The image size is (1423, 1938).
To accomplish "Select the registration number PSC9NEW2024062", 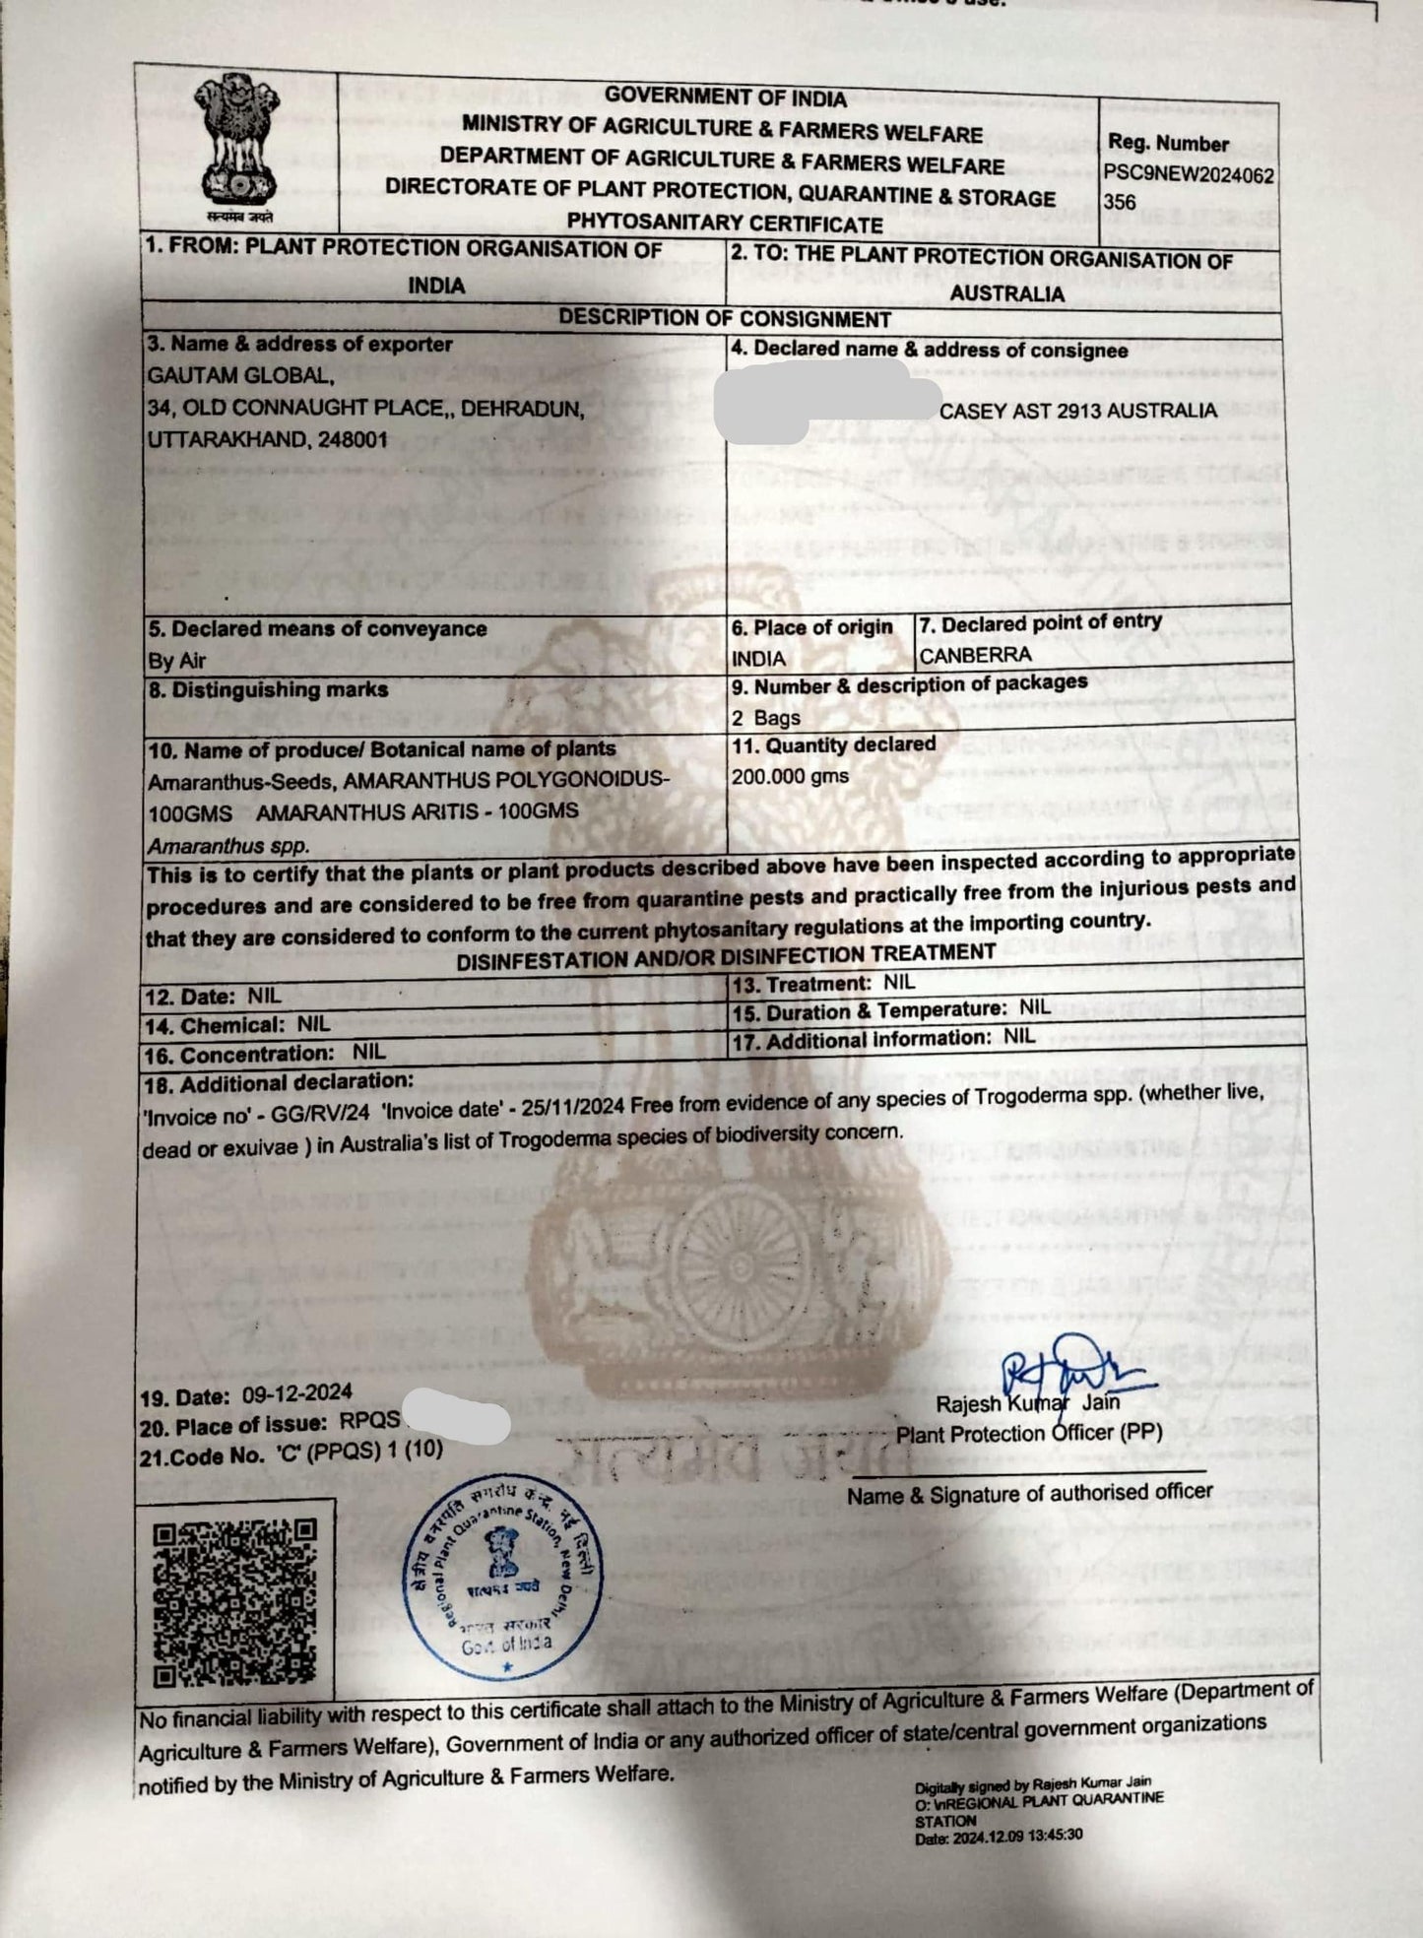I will pyautogui.click(x=1188, y=175).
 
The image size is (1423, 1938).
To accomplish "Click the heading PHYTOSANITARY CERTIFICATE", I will pyautogui.click(x=724, y=224).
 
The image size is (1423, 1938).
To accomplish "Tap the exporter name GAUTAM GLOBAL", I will pyautogui.click(x=240, y=375).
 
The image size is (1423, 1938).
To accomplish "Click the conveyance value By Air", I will pyautogui.click(x=176, y=660).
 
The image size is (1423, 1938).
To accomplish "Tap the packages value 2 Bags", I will pyautogui.click(x=765, y=717).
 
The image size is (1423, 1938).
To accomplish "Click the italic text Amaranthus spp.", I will pyautogui.click(x=228, y=845).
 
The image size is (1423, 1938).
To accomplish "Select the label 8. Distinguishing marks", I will pyautogui.click(x=268, y=690).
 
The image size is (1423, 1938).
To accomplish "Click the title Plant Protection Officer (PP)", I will pyautogui.click(x=1028, y=1434).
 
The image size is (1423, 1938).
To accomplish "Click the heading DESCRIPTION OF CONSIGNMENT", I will pyautogui.click(x=724, y=318).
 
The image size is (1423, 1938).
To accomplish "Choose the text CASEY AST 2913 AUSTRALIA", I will pyautogui.click(x=1077, y=411).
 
